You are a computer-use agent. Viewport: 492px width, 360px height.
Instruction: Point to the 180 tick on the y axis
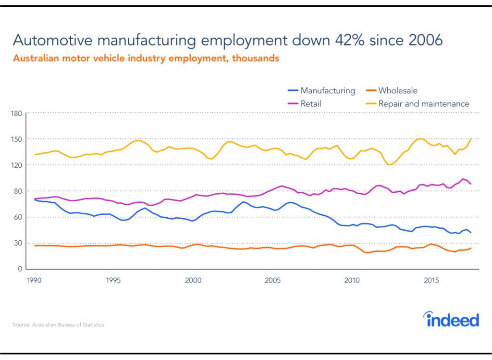point(18,113)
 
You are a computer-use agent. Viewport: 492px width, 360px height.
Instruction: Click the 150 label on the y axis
point(18,139)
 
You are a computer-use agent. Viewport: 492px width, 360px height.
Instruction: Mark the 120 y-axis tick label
point(18,165)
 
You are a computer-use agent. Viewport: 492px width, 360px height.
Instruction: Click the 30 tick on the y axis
point(19,243)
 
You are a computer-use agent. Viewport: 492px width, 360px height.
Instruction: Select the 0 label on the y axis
point(21,269)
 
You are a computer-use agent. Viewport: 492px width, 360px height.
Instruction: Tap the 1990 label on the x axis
point(34,279)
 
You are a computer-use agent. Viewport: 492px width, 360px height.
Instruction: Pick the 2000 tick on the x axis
point(193,279)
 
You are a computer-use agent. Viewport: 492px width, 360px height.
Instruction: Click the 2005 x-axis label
point(273,279)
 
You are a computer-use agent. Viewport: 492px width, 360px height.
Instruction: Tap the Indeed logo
point(451,320)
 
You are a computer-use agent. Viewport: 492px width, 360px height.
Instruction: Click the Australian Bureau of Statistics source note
point(58,325)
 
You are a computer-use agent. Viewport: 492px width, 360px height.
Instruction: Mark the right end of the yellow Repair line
point(471,139)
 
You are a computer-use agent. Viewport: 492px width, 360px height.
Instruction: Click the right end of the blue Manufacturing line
point(471,233)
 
